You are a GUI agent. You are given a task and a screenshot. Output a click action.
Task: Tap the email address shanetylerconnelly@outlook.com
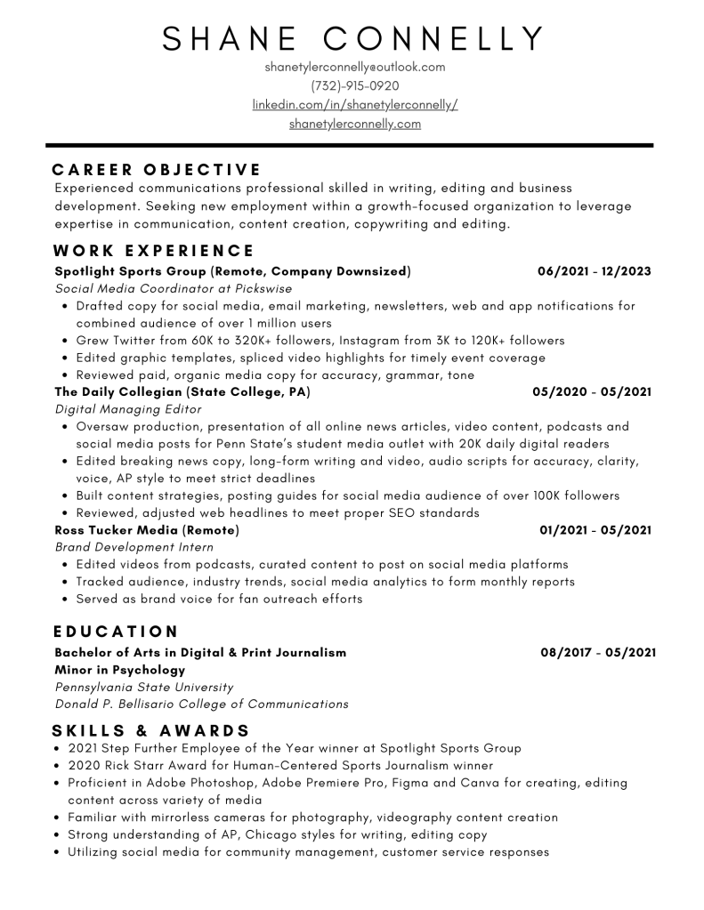tap(354, 67)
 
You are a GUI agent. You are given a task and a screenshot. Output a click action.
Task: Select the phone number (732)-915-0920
tap(354, 86)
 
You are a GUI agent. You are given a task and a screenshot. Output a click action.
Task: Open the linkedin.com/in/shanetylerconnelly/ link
tap(354, 105)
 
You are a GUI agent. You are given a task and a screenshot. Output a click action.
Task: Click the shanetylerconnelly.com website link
tap(354, 125)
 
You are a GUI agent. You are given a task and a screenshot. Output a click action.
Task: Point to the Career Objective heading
tap(157, 169)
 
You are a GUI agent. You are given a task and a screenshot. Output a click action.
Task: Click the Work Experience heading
tap(154, 251)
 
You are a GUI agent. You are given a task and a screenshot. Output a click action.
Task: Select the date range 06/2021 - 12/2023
tap(594, 271)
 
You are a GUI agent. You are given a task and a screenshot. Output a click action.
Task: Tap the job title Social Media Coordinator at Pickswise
tap(174, 289)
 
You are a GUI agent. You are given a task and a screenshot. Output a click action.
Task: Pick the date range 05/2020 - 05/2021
tap(592, 391)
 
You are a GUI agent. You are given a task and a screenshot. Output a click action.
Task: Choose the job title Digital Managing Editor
tap(128, 409)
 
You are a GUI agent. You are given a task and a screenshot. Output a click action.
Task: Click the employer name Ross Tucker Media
tap(117, 530)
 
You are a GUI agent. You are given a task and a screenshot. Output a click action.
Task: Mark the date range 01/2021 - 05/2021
tap(595, 530)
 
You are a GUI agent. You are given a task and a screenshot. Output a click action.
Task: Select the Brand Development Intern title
tap(134, 547)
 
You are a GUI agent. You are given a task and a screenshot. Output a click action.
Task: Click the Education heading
tap(116, 632)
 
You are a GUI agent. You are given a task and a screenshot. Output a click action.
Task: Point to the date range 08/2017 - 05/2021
tap(598, 652)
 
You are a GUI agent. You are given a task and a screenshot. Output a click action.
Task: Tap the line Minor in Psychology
tap(120, 670)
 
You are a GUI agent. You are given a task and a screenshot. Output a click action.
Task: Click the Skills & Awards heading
tap(151, 730)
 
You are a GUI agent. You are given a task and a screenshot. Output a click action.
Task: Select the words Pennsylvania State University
tap(144, 687)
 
